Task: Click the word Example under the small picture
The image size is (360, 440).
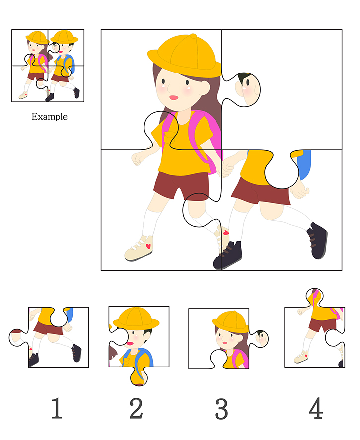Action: tap(49, 116)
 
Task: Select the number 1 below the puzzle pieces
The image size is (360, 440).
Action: tap(57, 408)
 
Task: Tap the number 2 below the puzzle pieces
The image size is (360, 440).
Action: tap(136, 408)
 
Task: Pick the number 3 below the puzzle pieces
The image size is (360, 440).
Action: tap(221, 409)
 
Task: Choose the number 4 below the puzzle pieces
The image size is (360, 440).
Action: tap(316, 408)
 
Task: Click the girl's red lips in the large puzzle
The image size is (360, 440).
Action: tap(174, 98)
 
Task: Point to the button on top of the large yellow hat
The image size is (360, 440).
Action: tap(193, 36)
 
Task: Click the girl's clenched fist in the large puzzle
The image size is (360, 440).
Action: tap(137, 159)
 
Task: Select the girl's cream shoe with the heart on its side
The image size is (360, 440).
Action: tap(139, 249)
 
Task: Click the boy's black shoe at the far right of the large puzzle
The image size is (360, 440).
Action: tap(317, 240)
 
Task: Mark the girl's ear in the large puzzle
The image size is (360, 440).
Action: tap(205, 88)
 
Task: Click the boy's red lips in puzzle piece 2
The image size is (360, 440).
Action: tap(130, 344)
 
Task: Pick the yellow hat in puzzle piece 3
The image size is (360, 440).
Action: tap(230, 322)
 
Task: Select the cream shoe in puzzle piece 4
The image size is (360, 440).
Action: tap(301, 357)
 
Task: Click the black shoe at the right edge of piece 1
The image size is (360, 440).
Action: tap(76, 353)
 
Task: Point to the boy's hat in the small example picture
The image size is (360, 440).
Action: tap(64, 37)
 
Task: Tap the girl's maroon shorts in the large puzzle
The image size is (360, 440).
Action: tap(181, 186)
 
